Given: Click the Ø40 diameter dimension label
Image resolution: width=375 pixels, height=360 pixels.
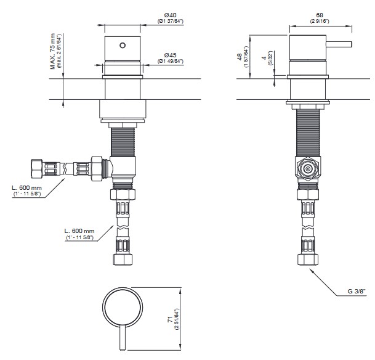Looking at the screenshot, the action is [x=171, y=15].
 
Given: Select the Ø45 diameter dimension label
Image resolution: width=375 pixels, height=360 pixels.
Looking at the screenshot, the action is [x=171, y=55].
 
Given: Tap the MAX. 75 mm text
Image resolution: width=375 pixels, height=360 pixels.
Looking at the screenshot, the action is [x=52, y=51].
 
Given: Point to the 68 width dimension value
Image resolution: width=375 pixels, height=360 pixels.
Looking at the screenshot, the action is [x=320, y=15].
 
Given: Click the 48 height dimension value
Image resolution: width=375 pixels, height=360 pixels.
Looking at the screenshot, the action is [x=240, y=57].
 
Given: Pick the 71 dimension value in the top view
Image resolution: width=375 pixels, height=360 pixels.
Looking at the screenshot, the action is [x=170, y=319].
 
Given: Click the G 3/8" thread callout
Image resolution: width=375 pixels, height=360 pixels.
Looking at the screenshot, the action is [x=357, y=291].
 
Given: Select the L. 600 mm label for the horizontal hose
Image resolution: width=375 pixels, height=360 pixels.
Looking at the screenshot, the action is [x=26, y=188].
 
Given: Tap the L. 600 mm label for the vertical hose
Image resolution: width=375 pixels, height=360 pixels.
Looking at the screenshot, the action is [x=79, y=231].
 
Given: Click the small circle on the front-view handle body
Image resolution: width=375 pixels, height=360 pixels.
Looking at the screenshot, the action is [x=123, y=45].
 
